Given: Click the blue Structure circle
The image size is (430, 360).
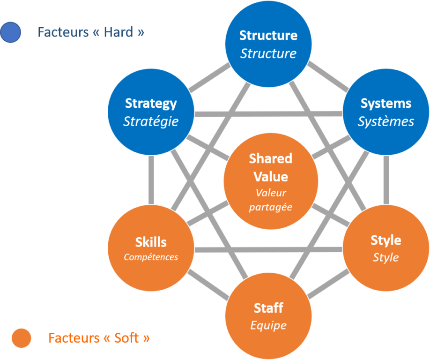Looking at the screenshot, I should [268, 44].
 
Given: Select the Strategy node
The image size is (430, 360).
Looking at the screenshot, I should [151, 112].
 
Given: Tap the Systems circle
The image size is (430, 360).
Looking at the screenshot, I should [386, 112].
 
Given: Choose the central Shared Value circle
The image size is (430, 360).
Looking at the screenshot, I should [271, 180].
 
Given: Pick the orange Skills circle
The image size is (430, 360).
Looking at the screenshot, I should [151, 248].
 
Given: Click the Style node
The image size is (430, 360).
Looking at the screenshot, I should [386, 248].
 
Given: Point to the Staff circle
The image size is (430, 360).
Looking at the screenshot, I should [268, 316].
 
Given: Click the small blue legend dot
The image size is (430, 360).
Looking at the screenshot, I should [10, 33].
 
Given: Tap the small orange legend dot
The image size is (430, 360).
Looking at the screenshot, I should [22, 338].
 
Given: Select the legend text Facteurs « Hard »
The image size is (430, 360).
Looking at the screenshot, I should [90, 32].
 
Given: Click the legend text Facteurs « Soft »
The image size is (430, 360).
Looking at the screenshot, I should [99, 338].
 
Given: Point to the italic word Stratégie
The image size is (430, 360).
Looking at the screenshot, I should [151, 121].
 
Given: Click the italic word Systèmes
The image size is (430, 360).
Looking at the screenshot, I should [386, 121].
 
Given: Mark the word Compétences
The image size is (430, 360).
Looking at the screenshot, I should [151, 257].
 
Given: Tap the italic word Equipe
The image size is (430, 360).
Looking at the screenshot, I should [268, 325].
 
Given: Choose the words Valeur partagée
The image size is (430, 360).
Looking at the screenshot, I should [271, 200].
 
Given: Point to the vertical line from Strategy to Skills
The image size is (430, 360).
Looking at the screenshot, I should [151, 180].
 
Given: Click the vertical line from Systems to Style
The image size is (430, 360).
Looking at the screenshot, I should [386, 180].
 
